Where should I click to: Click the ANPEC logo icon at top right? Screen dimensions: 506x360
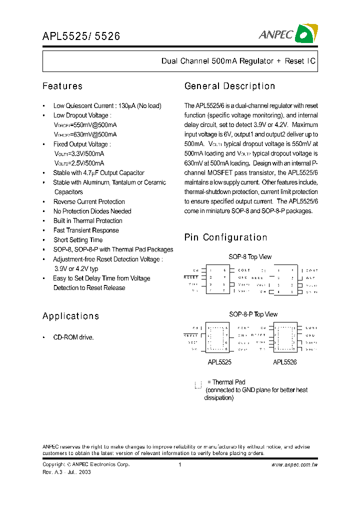click(306, 34)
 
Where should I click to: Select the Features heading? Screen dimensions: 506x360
click(62, 86)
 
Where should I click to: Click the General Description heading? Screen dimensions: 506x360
click(229, 86)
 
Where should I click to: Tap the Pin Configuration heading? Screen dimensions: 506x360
click(225, 237)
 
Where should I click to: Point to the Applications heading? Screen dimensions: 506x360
click(70, 316)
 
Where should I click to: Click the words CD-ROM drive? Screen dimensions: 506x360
click(73, 337)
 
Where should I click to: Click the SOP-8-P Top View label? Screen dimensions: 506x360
click(253, 314)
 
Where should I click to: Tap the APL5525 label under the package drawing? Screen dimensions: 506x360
click(219, 362)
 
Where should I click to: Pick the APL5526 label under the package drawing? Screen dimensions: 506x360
click(285, 362)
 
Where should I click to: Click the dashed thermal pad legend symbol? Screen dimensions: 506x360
click(198, 384)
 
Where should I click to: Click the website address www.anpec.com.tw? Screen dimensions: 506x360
click(294, 464)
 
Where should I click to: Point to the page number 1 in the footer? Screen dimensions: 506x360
click(179, 464)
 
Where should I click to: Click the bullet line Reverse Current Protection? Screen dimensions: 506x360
click(89, 201)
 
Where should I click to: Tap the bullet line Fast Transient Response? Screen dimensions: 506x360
click(86, 230)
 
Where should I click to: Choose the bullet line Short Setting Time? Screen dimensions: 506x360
click(78, 240)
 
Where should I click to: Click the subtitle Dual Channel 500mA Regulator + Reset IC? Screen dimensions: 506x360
click(238, 61)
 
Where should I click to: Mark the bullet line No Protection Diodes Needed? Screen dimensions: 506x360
click(92, 211)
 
